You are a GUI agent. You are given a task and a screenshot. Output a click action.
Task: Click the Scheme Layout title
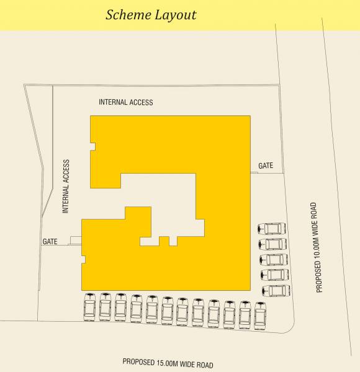(x=151, y=14)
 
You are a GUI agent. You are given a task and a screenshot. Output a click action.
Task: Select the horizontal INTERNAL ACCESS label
(x=126, y=102)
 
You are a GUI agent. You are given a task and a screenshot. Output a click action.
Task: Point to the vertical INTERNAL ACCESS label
(x=66, y=187)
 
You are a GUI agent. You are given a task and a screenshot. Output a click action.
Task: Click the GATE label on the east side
(x=266, y=166)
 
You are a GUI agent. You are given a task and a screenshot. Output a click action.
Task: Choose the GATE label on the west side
(x=50, y=241)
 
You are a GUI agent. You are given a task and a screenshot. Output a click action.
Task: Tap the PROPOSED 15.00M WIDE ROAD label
(x=168, y=361)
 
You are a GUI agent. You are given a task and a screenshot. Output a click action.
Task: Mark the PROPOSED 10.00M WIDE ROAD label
(x=320, y=247)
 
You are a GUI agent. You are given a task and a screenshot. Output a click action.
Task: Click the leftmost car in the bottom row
(x=90, y=308)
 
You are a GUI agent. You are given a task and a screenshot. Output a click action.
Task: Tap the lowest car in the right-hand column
(x=276, y=290)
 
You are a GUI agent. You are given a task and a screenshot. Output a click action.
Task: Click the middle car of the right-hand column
(x=274, y=259)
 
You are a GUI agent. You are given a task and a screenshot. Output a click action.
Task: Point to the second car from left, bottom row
(x=106, y=308)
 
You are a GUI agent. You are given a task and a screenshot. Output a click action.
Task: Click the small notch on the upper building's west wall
(x=92, y=147)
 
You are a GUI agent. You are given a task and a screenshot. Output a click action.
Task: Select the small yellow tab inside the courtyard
(x=164, y=241)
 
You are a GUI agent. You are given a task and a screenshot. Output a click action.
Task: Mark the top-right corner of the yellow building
(x=250, y=116)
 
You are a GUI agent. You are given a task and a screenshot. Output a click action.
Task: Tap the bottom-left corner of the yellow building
(x=83, y=289)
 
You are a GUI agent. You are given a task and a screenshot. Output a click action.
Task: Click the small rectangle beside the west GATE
(x=76, y=241)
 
